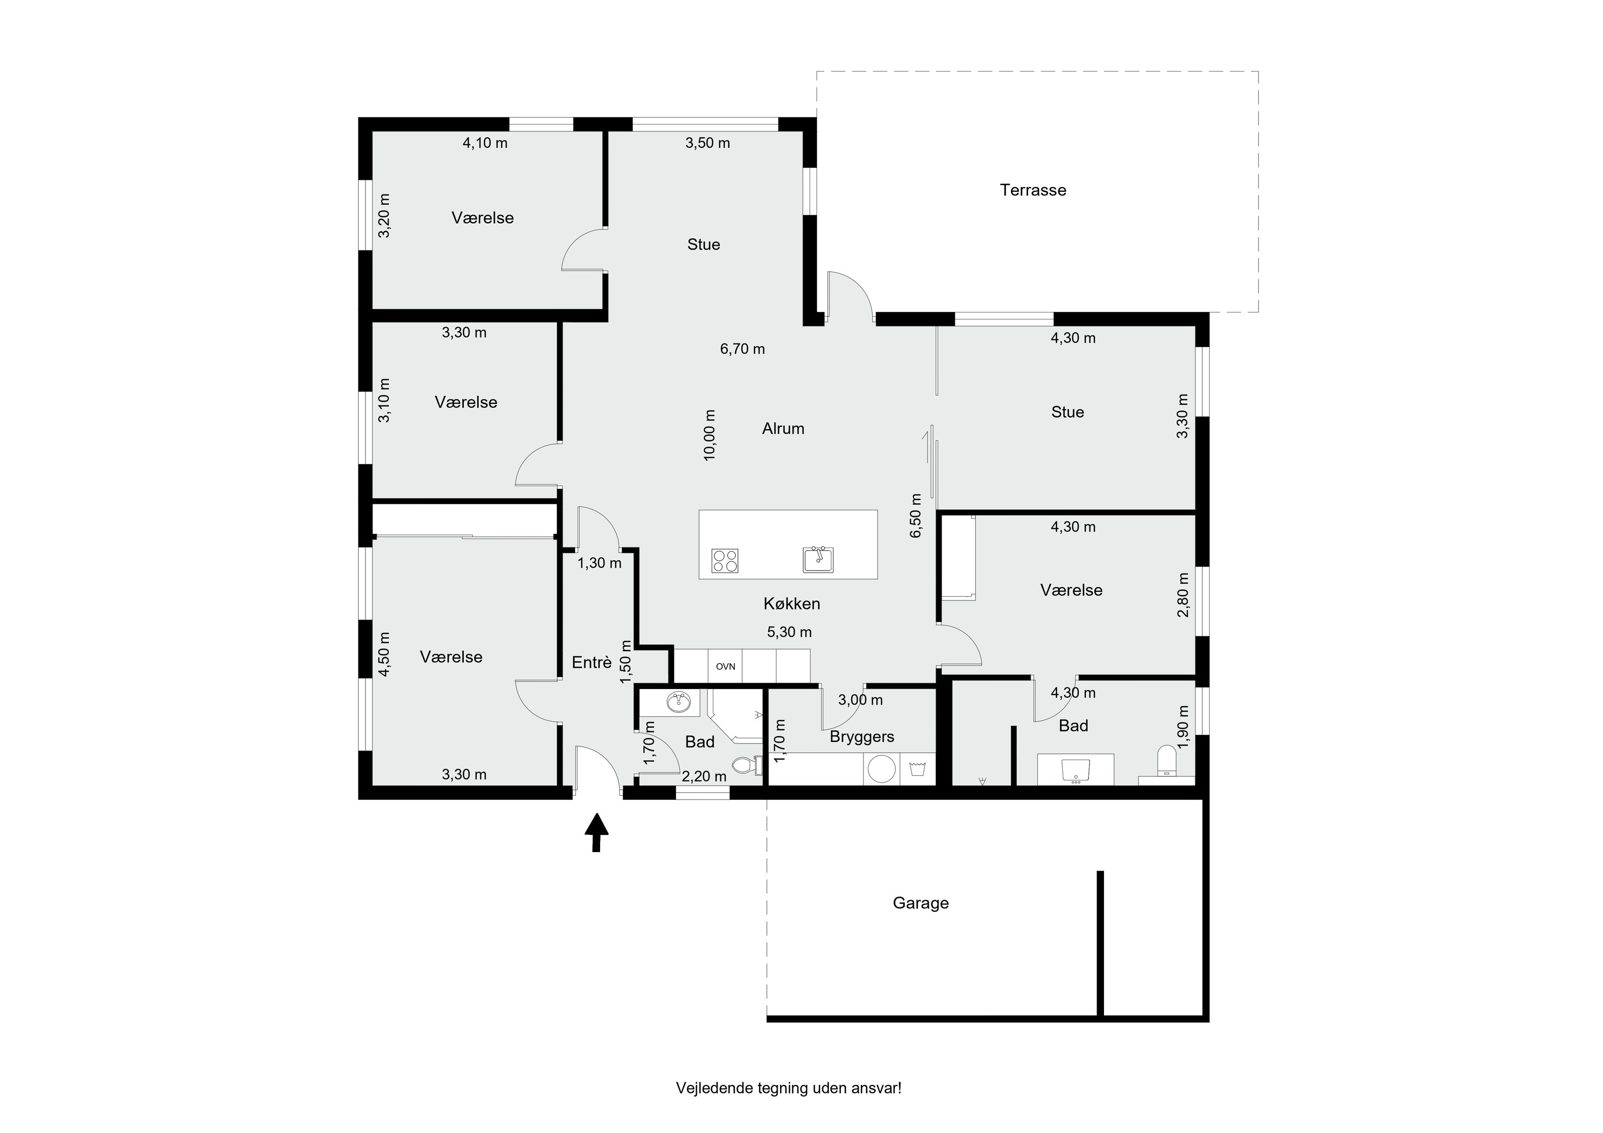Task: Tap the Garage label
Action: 920,903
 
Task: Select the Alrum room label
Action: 783,428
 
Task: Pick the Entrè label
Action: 592,662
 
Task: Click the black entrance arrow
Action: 596,832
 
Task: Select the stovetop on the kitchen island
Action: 725,560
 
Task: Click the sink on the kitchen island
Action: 818,559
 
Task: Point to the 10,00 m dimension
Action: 710,434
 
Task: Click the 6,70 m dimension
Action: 742,348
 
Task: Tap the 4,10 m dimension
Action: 485,143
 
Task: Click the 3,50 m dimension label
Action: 707,143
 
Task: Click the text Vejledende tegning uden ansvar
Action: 788,1088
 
